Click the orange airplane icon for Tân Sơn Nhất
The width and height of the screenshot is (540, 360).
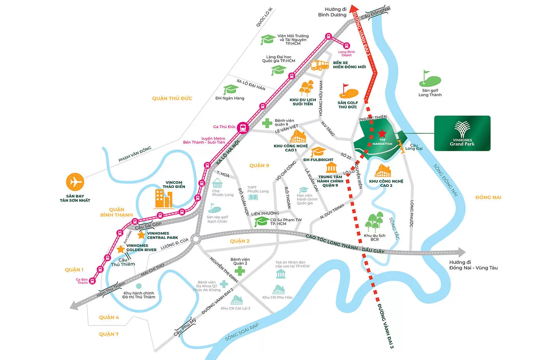click(x=75, y=182)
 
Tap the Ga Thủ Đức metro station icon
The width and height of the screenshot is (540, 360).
click(x=243, y=127)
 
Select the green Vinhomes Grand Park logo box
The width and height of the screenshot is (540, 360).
click(x=462, y=133)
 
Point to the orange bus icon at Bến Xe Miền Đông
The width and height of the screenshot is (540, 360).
click(x=319, y=65)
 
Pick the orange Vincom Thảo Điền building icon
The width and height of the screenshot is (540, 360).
click(x=163, y=198)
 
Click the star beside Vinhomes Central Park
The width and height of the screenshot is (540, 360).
click(x=141, y=235)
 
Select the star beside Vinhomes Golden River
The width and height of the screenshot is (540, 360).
click(x=121, y=249)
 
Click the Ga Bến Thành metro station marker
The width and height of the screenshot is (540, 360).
click(x=92, y=281)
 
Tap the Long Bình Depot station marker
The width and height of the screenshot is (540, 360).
click(x=346, y=46)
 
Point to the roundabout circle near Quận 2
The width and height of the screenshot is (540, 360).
click(x=195, y=239)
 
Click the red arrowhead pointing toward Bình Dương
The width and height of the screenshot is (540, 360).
click(x=354, y=9)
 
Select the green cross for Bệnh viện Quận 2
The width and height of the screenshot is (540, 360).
click(x=240, y=271)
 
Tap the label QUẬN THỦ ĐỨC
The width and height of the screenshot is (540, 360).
click(x=172, y=98)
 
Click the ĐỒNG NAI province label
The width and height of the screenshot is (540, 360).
click(x=488, y=197)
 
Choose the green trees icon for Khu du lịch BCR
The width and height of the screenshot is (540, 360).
click(x=374, y=222)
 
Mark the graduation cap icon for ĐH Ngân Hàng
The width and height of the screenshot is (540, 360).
click(x=230, y=89)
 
